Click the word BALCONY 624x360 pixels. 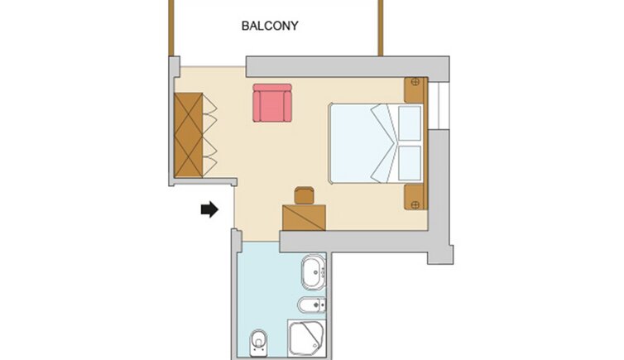pyautogui.click(x=270, y=26)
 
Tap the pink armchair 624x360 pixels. pyautogui.click(x=272, y=103)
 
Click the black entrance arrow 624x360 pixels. pyautogui.click(x=209, y=209)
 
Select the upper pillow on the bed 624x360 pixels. pyautogui.click(x=410, y=123)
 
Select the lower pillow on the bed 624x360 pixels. pyautogui.click(x=410, y=163)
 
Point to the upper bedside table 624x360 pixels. pyautogui.click(x=415, y=90)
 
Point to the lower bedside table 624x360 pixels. pyautogui.click(x=415, y=196)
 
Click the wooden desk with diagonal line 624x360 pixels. pyautogui.click(x=304, y=218)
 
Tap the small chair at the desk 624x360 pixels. pyautogui.click(x=305, y=195)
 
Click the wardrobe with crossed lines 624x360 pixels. pyautogui.click(x=189, y=135)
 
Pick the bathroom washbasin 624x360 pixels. pyautogui.click(x=314, y=272)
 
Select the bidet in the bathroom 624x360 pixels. pyautogui.click(x=312, y=305)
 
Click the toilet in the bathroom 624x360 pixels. pyautogui.click(x=258, y=343)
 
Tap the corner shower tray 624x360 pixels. pyautogui.click(x=306, y=338)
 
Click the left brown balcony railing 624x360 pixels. pyautogui.click(x=171, y=28)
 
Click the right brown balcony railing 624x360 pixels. pyautogui.click(x=381, y=28)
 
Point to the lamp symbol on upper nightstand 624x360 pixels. pyautogui.click(x=415, y=82)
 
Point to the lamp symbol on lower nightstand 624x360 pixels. pyautogui.click(x=415, y=205)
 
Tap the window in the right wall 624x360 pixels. pyautogui.click(x=439, y=105)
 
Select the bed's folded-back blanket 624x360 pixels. pyautogui.click(x=385, y=143)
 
